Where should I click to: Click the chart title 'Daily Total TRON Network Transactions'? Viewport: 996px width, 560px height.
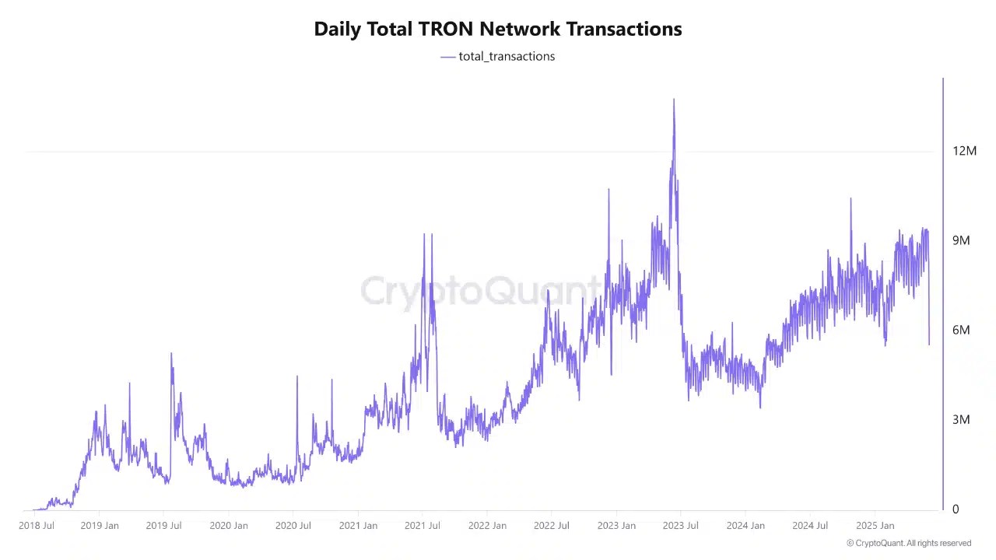[498, 29]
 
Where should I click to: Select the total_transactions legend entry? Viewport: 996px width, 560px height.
[498, 56]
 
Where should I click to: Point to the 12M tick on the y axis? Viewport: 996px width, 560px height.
[964, 151]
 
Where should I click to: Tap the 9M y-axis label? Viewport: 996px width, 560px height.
[961, 240]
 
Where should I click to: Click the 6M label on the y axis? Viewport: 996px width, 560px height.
[961, 330]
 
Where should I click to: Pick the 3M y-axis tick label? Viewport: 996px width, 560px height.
[961, 419]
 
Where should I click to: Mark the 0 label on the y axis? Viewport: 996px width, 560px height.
[956, 509]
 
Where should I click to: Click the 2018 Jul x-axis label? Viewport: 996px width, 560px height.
[37, 526]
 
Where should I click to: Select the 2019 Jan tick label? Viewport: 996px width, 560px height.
[100, 526]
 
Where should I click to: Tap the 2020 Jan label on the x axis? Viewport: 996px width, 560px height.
[229, 526]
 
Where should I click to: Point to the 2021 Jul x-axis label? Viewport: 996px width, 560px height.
[422, 526]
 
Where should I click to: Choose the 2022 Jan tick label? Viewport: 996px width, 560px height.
[487, 526]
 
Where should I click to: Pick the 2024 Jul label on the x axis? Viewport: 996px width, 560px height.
[809, 526]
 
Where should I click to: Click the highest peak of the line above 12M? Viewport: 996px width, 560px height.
[674, 100]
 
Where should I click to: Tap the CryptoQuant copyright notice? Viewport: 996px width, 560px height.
[909, 543]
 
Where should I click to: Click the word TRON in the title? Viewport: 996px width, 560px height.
[447, 29]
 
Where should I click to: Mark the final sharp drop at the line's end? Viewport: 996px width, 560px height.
[929, 342]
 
